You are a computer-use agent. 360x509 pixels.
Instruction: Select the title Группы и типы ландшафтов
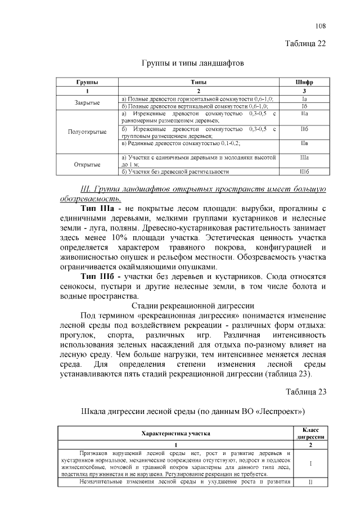(x=192, y=64)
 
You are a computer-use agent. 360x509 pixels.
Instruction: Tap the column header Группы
(x=87, y=82)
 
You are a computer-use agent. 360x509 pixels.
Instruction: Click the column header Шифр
(x=304, y=82)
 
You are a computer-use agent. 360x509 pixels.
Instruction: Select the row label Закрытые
(x=87, y=102)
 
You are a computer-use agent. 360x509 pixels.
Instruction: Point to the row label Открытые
(x=87, y=165)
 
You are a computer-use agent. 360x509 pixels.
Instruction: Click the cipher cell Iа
(x=304, y=98)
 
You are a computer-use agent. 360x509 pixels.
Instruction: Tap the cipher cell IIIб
(x=304, y=172)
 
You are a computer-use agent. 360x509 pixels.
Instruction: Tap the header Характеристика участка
(x=175, y=434)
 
